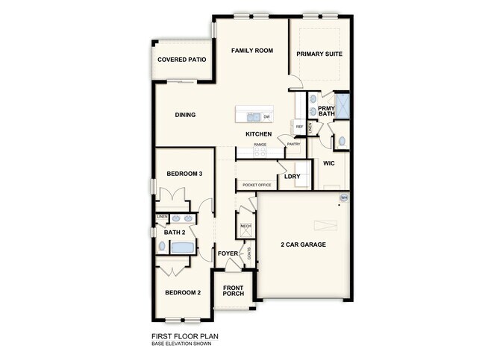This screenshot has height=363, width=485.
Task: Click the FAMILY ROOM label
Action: (x=251, y=51)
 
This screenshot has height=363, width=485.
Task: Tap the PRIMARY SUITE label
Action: (x=319, y=54)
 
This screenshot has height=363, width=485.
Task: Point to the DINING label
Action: (x=185, y=115)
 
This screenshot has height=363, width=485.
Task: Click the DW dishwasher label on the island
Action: (x=266, y=116)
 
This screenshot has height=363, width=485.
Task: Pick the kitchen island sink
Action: (x=254, y=117)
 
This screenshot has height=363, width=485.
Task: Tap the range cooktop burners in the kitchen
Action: (x=260, y=151)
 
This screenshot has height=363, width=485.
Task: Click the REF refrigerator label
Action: (x=299, y=127)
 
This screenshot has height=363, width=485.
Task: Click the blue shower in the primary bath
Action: (x=343, y=106)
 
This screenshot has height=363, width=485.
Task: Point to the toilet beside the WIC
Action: (x=342, y=140)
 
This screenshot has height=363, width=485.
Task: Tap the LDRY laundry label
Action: (x=292, y=177)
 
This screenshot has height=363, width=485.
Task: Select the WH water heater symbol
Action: (x=344, y=198)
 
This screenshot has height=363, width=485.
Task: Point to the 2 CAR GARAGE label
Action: (x=303, y=245)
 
